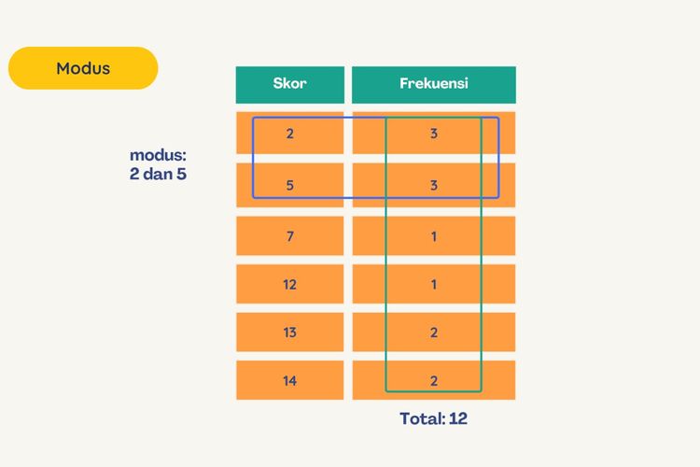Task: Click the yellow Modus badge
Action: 83,68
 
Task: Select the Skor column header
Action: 289,85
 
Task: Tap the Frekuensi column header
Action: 433,85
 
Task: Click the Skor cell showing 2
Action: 289,133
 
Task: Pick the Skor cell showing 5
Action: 289,185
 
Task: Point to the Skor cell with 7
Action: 289,236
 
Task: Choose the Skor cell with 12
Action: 289,284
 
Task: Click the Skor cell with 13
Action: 289,333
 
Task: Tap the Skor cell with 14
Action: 289,380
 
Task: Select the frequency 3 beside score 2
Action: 433,133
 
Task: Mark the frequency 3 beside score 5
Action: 433,185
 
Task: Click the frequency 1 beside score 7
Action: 433,236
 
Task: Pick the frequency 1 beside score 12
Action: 433,284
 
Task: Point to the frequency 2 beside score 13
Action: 433,333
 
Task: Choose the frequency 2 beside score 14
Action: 433,380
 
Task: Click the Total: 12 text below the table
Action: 433,418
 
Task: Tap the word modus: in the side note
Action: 158,155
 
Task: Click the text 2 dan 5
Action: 158,174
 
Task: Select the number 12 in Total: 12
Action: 458,418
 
